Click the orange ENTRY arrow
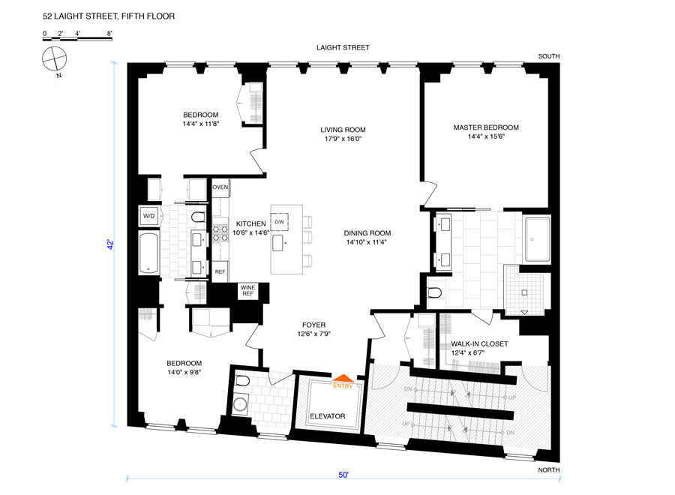tap(343, 379)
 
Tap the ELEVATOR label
tap(327, 415)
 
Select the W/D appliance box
tap(148, 216)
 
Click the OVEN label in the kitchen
tap(220, 187)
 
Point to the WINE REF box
tap(247, 290)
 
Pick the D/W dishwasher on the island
tap(279, 222)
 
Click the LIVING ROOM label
tap(341, 130)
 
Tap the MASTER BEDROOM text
tap(486, 127)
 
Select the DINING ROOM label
tap(368, 233)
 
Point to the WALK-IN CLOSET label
tap(479, 344)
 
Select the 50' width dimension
tap(343, 474)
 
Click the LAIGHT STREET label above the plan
tap(342, 48)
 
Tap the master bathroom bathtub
tap(537, 239)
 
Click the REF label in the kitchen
tap(220, 271)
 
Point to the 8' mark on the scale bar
tap(109, 34)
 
